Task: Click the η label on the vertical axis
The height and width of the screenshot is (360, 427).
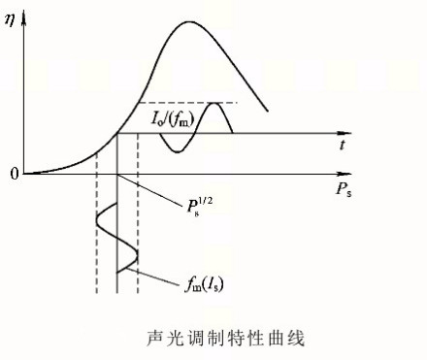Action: pyautogui.click(x=10, y=21)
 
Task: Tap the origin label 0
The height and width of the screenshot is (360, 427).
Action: pyautogui.click(x=14, y=174)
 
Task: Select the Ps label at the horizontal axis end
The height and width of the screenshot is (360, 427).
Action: pyautogui.click(x=344, y=189)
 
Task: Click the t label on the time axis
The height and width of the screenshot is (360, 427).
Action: pyautogui.click(x=343, y=145)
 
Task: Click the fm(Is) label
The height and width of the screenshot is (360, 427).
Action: pyautogui.click(x=204, y=284)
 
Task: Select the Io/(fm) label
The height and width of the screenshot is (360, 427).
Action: pyautogui.click(x=173, y=119)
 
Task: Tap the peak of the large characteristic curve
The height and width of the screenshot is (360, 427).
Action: pyautogui.click(x=189, y=22)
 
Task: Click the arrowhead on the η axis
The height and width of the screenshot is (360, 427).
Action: pyautogui.click(x=23, y=18)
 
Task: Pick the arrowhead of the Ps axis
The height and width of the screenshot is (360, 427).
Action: pyautogui.click(x=345, y=174)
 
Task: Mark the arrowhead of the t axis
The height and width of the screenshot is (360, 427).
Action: pyautogui.click(x=345, y=133)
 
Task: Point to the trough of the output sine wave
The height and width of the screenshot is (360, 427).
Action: pyautogui.click(x=177, y=151)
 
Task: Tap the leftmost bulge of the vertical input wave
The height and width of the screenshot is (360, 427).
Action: pyautogui.click(x=97, y=221)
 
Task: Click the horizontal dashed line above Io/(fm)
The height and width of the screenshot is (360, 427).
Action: pyautogui.click(x=187, y=103)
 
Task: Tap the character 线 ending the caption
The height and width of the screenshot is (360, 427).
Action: pyautogui.click(x=297, y=339)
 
